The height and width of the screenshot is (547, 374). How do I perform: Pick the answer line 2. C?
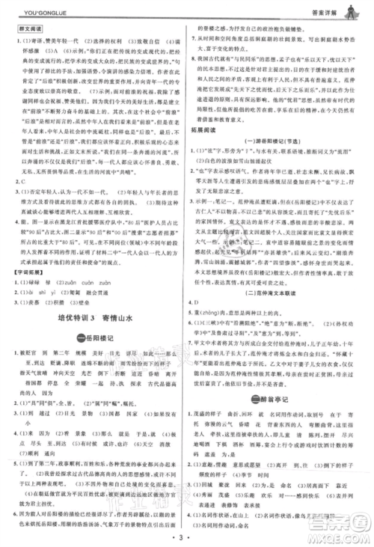(x=19, y=180)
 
